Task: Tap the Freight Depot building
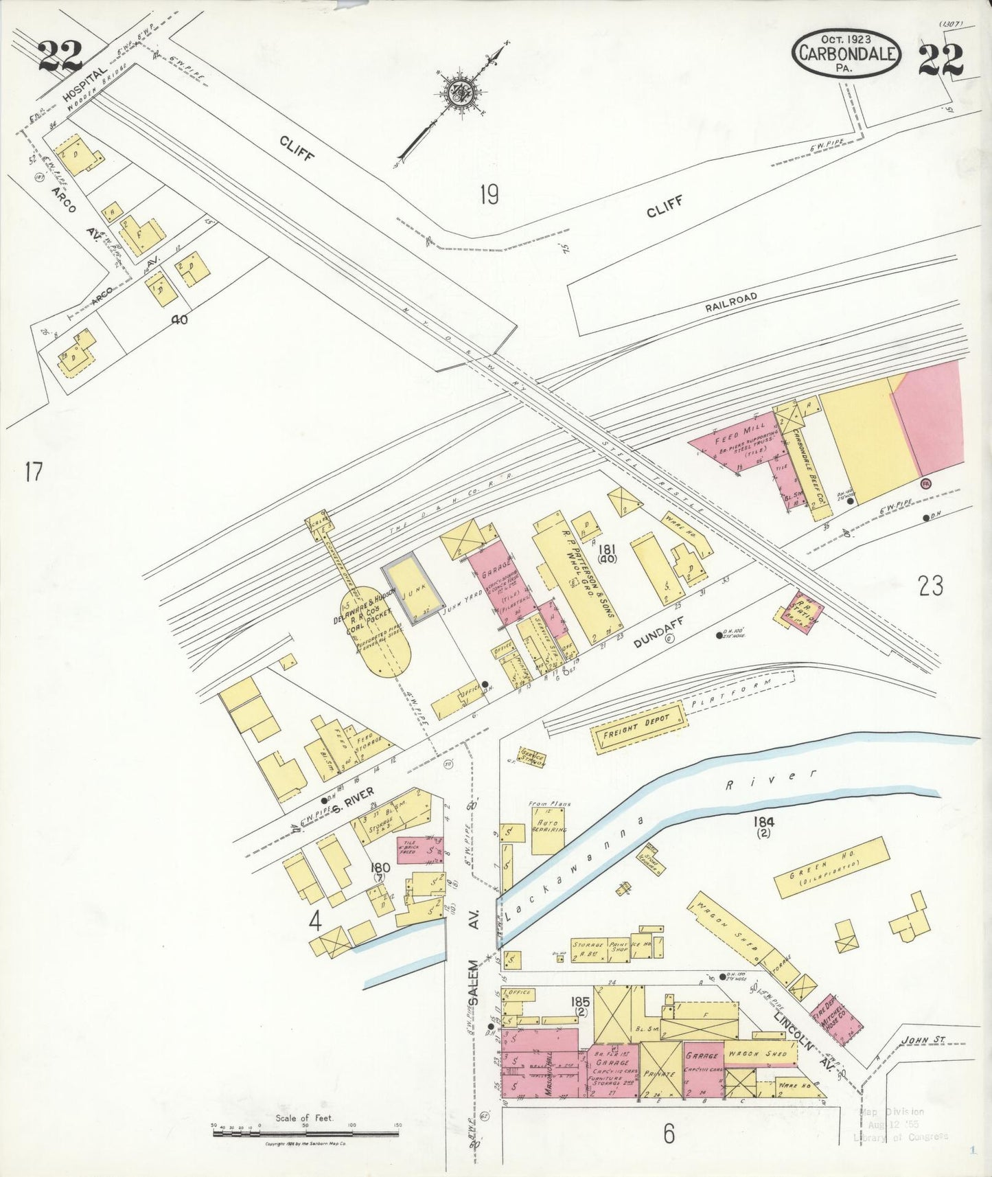click(x=639, y=726)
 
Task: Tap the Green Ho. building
click(x=831, y=867)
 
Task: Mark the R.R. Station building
click(x=801, y=610)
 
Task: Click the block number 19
click(x=489, y=196)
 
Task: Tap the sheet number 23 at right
click(x=930, y=586)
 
